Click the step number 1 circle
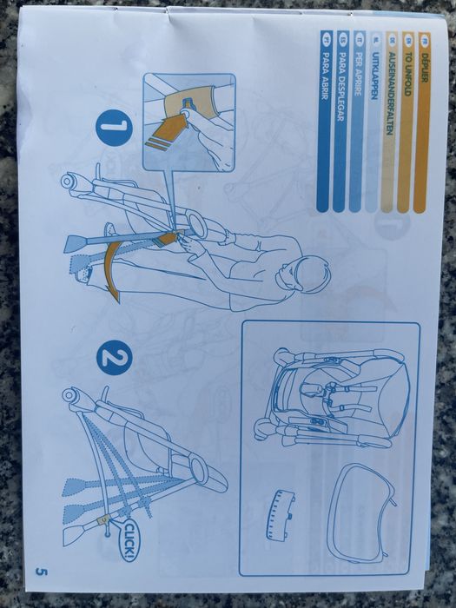click(113, 128)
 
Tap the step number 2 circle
click(114, 357)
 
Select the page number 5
click(41, 572)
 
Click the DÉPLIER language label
click(423, 122)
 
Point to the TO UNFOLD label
click(406, 122)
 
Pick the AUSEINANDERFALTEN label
click(391, 122)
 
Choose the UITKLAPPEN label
click(373, 122)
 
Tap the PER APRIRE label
click(358, 122)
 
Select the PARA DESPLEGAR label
click(340, 122)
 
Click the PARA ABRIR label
click(324, 122)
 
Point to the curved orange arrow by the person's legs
click(110, 268)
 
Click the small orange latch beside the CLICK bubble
click(103, 519)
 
